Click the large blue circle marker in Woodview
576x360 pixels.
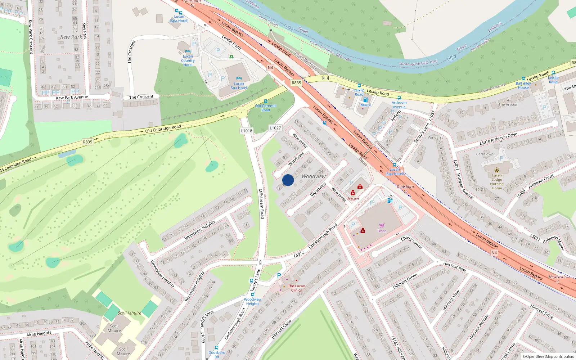288,180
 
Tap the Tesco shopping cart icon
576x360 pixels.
382,226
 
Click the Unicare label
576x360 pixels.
353,198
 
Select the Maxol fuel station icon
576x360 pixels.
365,100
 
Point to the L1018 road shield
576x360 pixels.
247,131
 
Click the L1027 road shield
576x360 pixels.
275,128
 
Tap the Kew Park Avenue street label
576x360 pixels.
72,97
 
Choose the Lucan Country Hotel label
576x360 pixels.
188,60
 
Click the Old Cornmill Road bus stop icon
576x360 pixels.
266,102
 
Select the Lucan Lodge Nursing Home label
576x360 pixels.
497,182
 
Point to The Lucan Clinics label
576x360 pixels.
296,288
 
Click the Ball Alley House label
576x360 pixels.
523,85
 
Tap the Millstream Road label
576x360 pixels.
262,203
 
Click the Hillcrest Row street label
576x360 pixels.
455,266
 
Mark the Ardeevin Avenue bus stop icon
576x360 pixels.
399,98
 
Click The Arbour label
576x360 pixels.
508,104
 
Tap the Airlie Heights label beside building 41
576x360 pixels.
39,334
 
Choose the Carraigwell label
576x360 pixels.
486,154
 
